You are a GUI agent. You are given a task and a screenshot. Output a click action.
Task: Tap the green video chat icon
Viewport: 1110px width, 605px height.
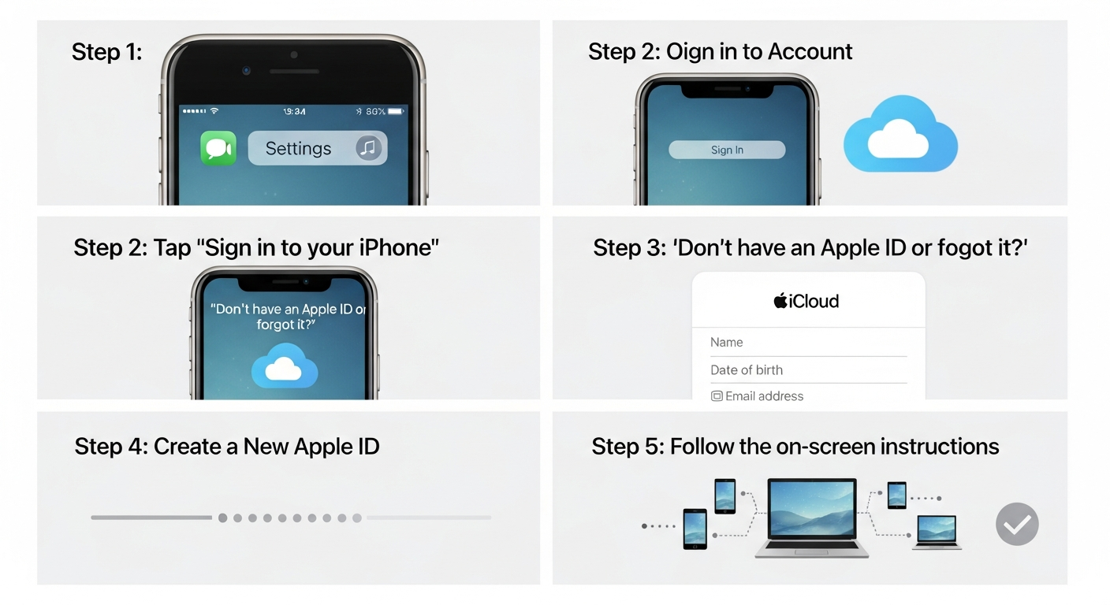(x=218, y=148)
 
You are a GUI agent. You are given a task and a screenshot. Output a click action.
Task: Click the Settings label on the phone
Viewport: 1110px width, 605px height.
(x=298, y=148)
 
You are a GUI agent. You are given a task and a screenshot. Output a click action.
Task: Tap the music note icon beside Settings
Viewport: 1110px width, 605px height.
(x=368, y=147)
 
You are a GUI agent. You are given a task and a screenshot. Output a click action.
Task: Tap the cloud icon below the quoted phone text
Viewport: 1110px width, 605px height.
(x=285, y=366)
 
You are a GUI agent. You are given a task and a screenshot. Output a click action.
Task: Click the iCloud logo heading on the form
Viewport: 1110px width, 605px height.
(x=806, y=301)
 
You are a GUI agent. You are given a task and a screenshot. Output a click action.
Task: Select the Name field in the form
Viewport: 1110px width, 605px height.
(x=807, y=343)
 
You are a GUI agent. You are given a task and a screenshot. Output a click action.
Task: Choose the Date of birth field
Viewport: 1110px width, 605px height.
(x=807, y=369)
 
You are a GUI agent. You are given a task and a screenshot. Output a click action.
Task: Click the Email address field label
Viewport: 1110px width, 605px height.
(x=764, y=396)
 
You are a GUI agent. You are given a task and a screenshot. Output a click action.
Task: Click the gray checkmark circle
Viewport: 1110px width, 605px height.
(x=1017, y=524)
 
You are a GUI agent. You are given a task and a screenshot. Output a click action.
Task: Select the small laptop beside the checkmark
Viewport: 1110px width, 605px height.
(x=937, y=532)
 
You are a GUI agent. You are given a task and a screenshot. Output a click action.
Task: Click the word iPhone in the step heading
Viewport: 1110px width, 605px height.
(x=396, y=247)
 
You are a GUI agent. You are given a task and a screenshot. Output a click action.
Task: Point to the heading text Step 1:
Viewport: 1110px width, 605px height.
(x=107, y=52)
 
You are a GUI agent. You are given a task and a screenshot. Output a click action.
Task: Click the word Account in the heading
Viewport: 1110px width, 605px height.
(x=810, y=52)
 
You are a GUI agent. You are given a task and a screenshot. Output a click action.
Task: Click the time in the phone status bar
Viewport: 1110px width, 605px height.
(x=294, y=112)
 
